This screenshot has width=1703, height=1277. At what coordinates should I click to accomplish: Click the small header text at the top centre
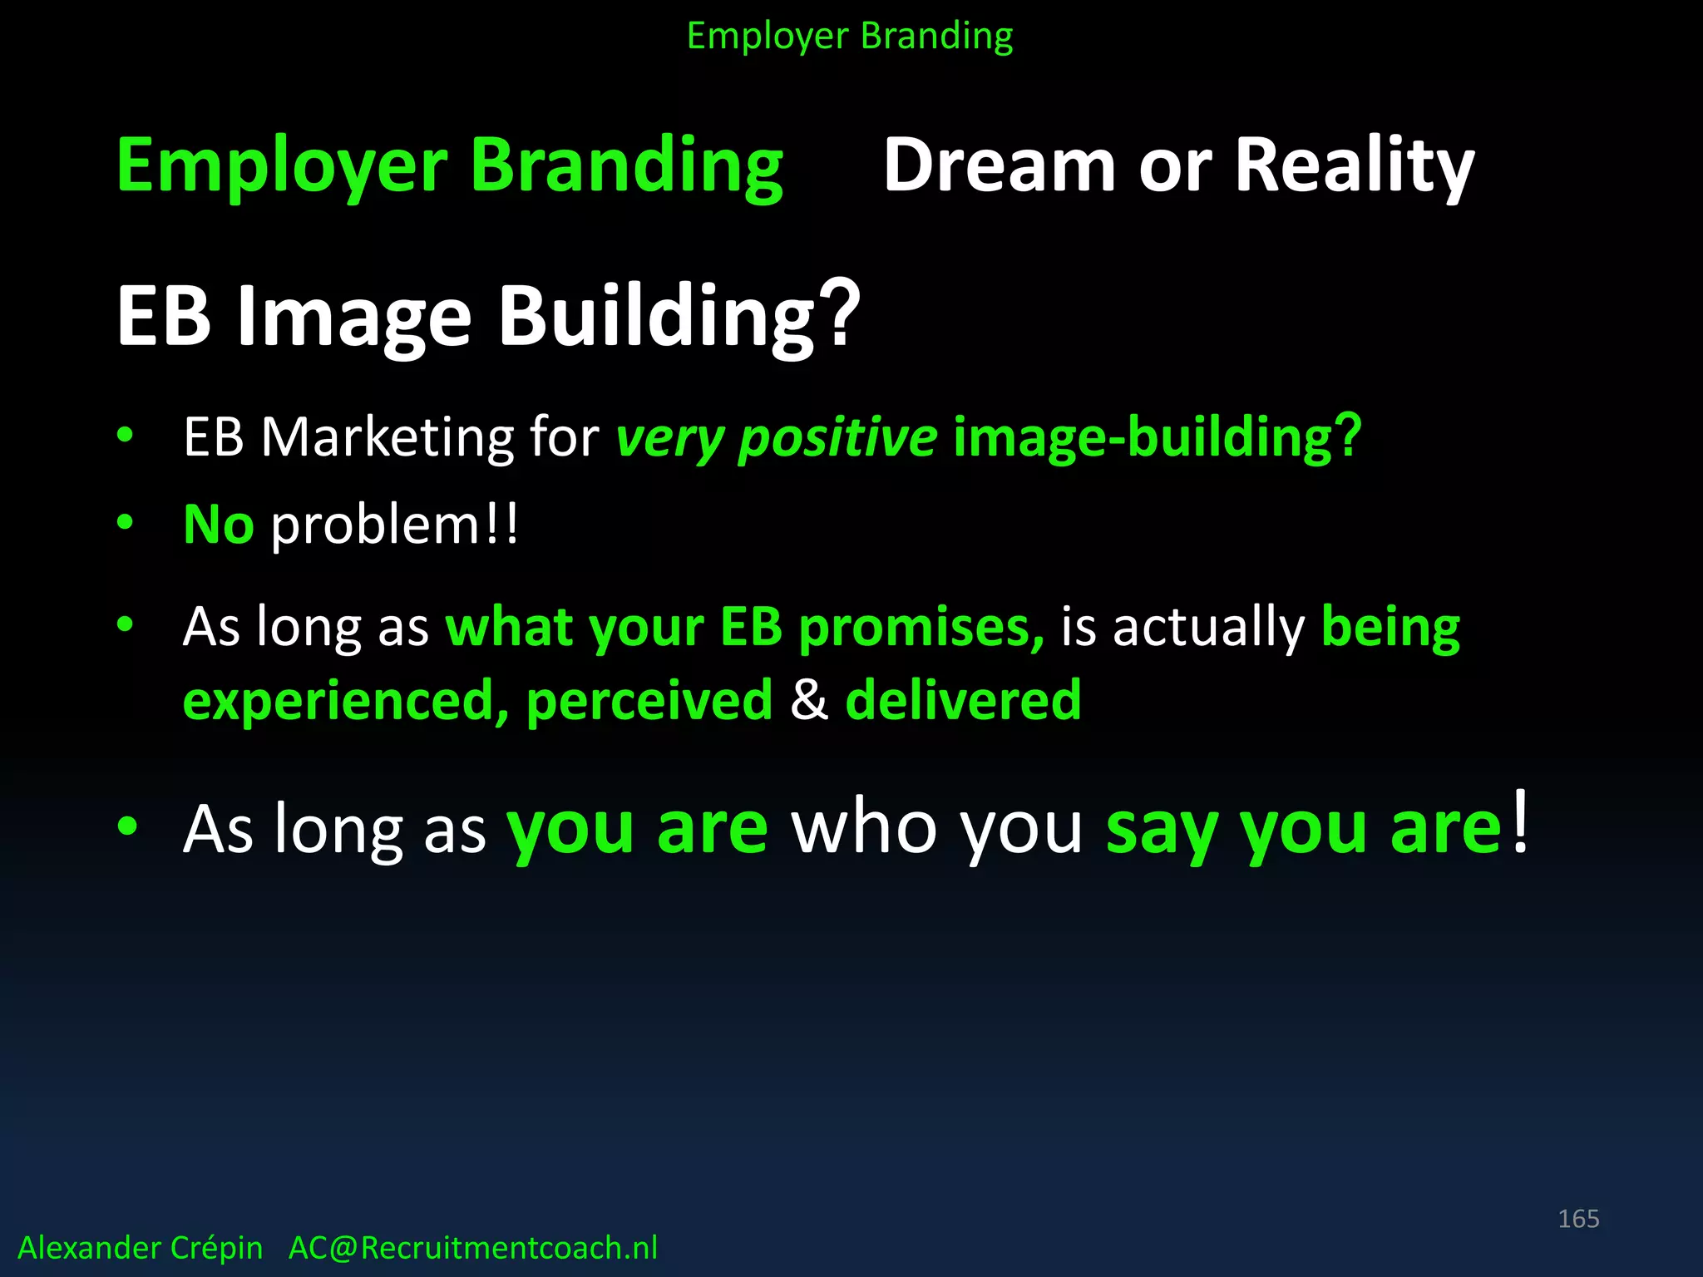click(x=850, y=36)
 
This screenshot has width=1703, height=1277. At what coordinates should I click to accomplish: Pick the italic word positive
click(x=837, y=438)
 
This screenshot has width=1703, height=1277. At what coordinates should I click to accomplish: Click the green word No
click(x=218, y=525)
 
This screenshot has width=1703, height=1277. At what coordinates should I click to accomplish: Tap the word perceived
click(x=649, y=700)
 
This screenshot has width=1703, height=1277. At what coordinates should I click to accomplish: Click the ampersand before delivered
click(x=809, y=700)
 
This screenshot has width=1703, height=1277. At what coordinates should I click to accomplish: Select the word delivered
click(x=963, y=700)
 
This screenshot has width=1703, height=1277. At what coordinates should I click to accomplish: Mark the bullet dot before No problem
click(x=126, y=522)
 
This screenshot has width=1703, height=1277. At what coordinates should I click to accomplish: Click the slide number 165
click(x=1578, y=1219)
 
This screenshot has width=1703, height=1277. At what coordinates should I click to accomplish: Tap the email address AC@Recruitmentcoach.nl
click(x=472, y=1248)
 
